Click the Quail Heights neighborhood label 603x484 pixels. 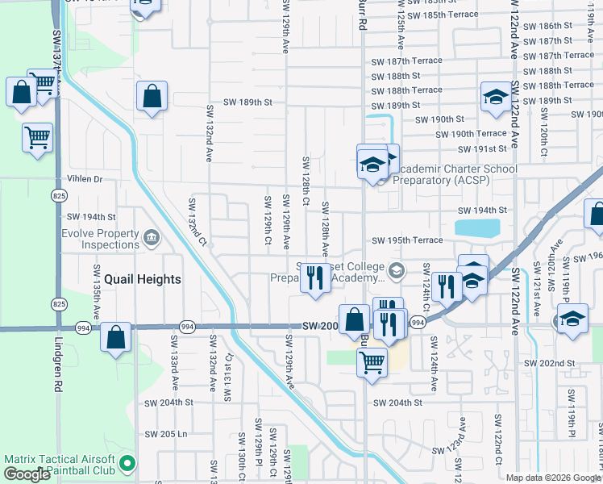135,279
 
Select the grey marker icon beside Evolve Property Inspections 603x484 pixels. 152,239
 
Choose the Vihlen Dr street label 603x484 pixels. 85,179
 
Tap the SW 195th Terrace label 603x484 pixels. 407,240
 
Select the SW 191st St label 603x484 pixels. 481,148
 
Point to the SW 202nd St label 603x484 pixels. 549,364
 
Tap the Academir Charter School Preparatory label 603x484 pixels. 455,174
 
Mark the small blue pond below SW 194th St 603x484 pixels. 476,227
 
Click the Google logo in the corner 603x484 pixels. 27,474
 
